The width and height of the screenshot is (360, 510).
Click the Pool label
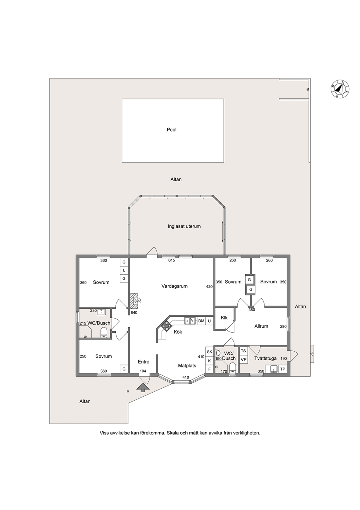172,130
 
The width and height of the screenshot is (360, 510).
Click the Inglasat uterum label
184,226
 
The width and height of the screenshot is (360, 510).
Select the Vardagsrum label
175,286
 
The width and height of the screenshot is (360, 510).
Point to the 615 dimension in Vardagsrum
172,260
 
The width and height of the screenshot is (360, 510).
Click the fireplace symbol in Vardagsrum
135,301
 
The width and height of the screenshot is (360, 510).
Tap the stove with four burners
167,325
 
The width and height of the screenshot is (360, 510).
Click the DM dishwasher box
201,321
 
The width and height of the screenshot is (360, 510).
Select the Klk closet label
224,317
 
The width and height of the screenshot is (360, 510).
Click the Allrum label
261,326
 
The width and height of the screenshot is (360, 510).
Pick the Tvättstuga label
265,359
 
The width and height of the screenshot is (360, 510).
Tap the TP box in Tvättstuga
283,369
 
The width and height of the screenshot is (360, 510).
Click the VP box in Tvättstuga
244,360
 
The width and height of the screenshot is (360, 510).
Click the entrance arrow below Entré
143,388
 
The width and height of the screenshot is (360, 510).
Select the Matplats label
187,366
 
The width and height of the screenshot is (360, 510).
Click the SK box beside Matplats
209,352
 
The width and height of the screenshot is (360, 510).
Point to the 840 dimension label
134,313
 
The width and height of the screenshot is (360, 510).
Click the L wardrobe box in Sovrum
124,270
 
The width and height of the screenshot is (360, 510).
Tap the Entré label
143,361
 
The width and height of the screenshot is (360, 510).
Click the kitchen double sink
190,321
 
